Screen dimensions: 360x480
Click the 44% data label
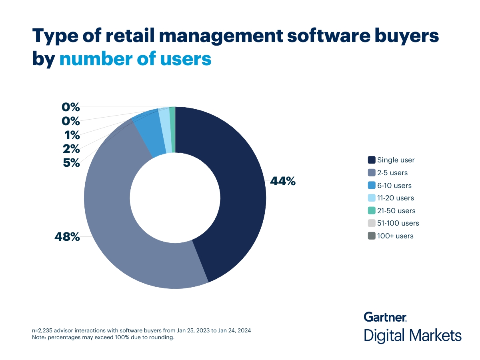click(x=283, y=181)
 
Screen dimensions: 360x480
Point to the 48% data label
click(x=67, y=237)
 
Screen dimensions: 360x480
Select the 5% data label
click(x=71, y=163)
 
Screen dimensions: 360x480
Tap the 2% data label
click(x=71, y=149)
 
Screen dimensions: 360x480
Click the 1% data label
click(x=72, y=135)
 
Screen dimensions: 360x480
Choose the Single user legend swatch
click(x=371, y=160)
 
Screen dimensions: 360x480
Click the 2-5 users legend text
click(x=392, y=173)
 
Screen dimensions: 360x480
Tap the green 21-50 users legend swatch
click(x=371, y=211)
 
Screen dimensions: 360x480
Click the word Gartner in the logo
click(x=385, y=317)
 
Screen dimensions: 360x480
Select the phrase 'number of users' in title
click(x=135, y=59)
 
